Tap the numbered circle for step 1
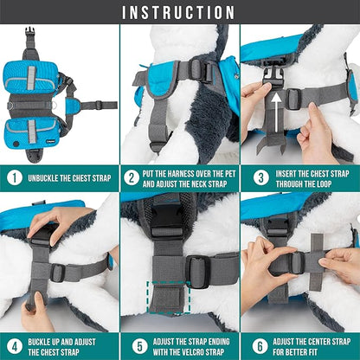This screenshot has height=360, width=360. coord(14,178)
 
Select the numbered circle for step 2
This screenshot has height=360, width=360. coord(132,178)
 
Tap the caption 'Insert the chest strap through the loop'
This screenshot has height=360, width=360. coord(309,178)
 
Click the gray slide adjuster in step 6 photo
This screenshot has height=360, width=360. coord(294,261)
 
